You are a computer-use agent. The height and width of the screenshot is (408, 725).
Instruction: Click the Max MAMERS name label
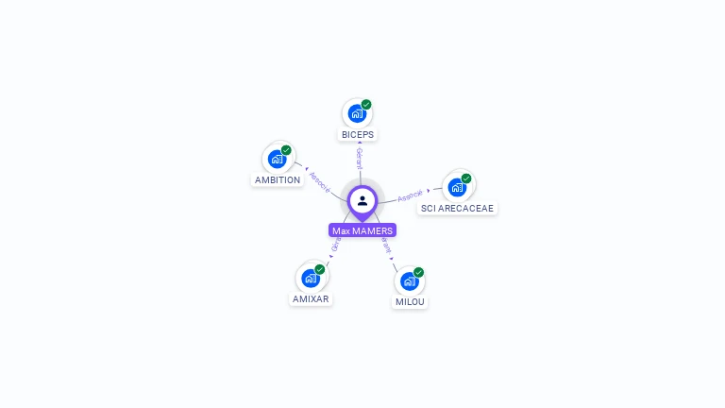pos(362,230)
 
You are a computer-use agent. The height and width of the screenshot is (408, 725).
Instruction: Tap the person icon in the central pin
pos(362,200)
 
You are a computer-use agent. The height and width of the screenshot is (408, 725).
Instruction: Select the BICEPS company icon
pos(356,113)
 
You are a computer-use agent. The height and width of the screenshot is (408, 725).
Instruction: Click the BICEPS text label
pos(358,135)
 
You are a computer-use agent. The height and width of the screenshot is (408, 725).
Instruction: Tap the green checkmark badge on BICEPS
pos(366,104)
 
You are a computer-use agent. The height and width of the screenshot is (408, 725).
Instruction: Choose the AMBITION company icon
pos(277,159)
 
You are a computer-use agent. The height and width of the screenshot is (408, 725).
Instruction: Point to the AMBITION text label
pos(278,180)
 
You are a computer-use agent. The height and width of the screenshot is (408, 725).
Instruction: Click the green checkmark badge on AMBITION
pos(286,149)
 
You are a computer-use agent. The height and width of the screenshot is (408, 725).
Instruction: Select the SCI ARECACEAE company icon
pos(457,187)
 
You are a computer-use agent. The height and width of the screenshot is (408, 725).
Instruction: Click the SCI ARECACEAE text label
pos(457,209)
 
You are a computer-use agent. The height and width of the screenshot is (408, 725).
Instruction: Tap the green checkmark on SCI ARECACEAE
pos(466,178)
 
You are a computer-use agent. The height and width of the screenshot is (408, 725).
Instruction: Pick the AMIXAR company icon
pos(311,278)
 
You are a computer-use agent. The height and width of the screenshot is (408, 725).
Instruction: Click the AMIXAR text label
pos(312,299)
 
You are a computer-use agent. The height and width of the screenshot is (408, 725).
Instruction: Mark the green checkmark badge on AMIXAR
pos(320,269)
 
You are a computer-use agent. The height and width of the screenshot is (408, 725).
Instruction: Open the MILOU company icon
pos(409,280)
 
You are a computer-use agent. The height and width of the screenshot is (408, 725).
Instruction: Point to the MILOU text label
pos(410,302)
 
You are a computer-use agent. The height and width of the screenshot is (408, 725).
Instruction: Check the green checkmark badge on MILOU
pos(418,272)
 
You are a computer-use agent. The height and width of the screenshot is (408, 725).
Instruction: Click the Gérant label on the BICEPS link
pos(360,159)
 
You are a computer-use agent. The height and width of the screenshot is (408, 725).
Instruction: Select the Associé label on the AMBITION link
pos(320,182)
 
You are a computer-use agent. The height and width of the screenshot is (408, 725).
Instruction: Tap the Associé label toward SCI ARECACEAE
pos(411,195)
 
